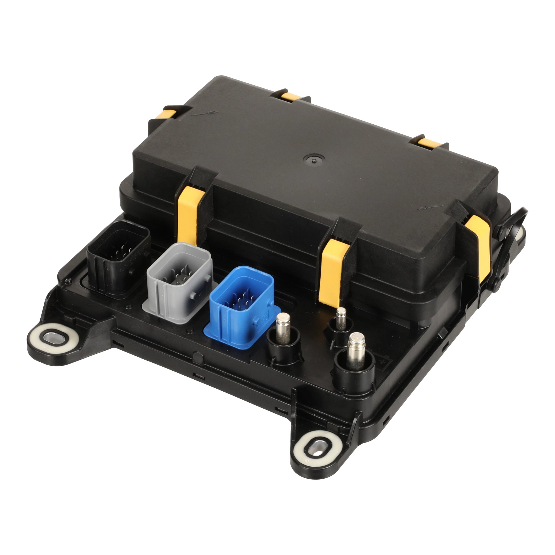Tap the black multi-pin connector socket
pyautogui.click(x=118, y=257)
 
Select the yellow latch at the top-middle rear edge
pyautogui.click(x=290, y=97)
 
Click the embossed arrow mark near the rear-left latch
pyautogui.click(x=205, y=113)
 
